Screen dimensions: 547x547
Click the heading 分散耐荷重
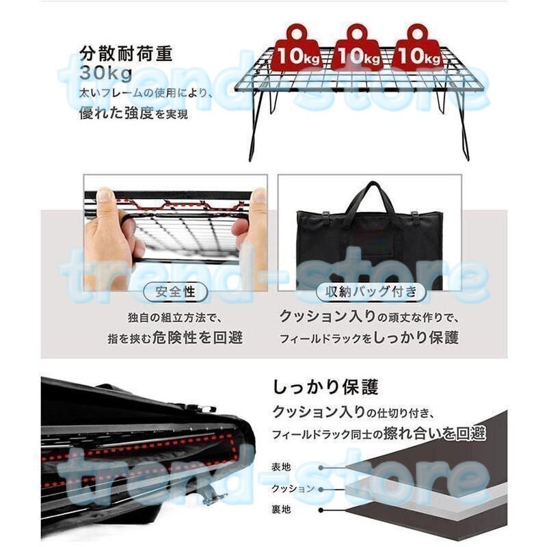click(x=126, y=53)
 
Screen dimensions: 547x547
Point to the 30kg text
click(x=104, y=72)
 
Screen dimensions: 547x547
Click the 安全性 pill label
click(x=176, y=292)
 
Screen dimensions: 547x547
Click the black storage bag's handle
click(x=369, y=196)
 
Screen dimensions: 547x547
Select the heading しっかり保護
click(x=325, y=388)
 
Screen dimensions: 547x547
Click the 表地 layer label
click(x=281, y=466)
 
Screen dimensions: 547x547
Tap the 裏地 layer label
click(x=281, y=510)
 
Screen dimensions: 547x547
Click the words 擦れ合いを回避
click(x=446, y=433)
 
